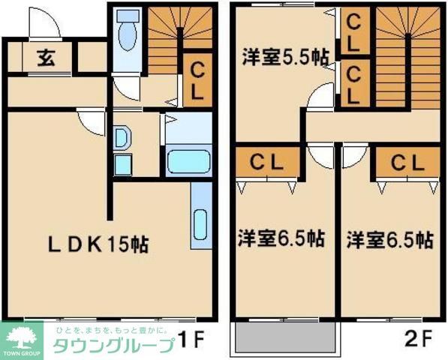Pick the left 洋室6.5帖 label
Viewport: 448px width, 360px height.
point(281,239)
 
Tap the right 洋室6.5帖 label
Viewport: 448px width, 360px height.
point(389,239)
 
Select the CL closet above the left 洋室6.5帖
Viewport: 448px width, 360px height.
point(266,162)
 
